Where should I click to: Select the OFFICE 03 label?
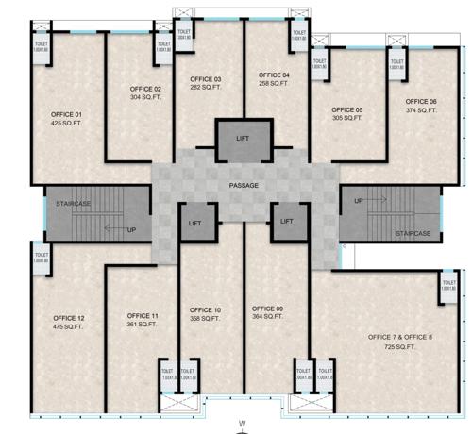[206, 78]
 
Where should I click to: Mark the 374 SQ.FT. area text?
[421, 110]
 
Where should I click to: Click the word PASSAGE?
[244, 186]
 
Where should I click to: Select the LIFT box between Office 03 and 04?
[244, 140]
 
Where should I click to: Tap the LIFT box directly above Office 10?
[195, 223]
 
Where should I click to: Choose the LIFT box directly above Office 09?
[285, 223]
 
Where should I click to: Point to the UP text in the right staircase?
[359, 200]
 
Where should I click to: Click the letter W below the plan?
[243, 422]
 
